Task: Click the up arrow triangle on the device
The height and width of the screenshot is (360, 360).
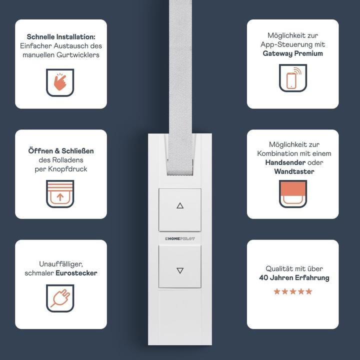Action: point(180,205)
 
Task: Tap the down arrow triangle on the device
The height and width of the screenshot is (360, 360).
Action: point(180,270)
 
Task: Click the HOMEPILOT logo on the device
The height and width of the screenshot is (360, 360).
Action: point(180,239)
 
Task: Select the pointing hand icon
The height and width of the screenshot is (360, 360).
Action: point(60,82)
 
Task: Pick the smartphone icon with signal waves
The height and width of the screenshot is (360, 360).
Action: point(293,78)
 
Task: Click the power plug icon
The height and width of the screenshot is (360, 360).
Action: point(60,298)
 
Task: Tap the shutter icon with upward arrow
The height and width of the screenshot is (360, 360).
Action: point(60,194)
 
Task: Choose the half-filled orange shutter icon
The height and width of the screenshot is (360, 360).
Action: point(293,194)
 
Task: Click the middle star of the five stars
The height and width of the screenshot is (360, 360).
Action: point(293,291)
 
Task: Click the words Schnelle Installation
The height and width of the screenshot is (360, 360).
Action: point(61,36)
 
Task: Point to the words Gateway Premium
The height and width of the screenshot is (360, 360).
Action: point(292,53)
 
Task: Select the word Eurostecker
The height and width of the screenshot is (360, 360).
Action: point(76,273)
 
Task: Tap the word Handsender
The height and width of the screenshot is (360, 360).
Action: point(285,162)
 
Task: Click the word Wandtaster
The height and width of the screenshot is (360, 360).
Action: point(294,171)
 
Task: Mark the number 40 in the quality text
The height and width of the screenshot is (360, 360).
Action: point(263,278)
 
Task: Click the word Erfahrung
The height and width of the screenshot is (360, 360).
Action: point(312,278)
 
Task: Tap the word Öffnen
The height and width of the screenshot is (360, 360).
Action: point(40,151)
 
